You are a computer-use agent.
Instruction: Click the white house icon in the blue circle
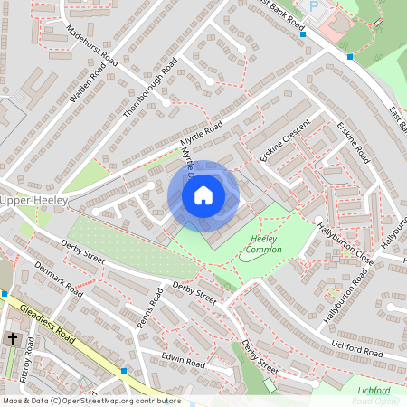click(x=203, y=195)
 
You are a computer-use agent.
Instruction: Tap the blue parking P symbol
click(x=315, y=6)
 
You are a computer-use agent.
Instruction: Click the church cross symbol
click(x=13, y=338)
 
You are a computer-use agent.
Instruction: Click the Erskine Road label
click(x=354, y=142)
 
